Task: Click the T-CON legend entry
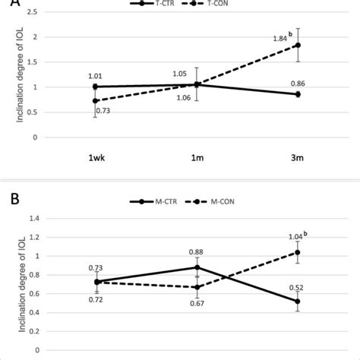(x=214, y=4)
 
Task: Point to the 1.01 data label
(x=94, y=76)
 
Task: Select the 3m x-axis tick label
(x=298, y=159)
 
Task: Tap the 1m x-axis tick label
(x=197, y=159)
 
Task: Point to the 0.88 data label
(x=197, y=253)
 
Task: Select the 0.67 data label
(x=197, y=303)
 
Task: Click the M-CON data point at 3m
(x=298, y=252)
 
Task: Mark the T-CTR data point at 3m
(x=298, y=94)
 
